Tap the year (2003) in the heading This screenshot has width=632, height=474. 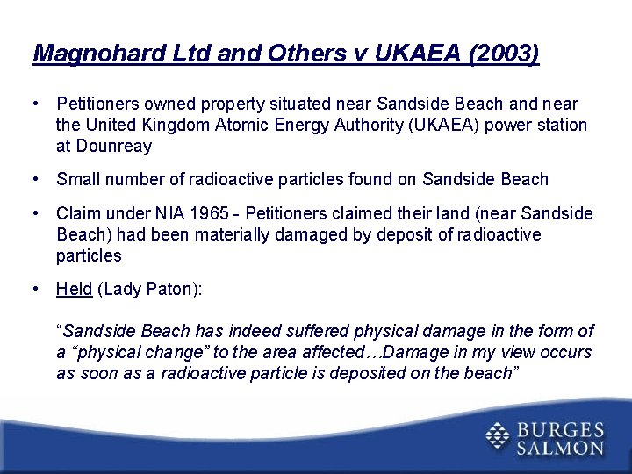click(x=505, y=54)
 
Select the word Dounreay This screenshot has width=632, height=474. click(x=114, y=147)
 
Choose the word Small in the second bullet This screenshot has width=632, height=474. click(x=78, y=180)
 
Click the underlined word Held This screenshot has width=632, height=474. click(x=74, y=289)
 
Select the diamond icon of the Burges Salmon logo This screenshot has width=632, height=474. click(x=498, y=436)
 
